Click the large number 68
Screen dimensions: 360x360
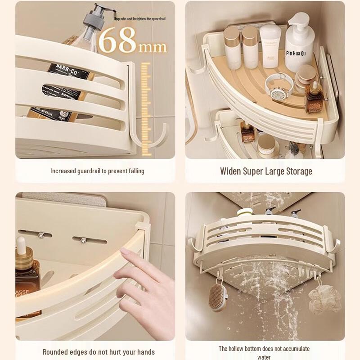point(117,41)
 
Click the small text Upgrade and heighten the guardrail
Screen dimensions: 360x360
point(139,18)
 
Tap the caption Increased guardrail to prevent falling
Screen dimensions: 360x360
point(97,171)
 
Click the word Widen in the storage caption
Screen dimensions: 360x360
point(232,171)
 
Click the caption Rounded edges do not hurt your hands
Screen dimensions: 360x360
point(99,352)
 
